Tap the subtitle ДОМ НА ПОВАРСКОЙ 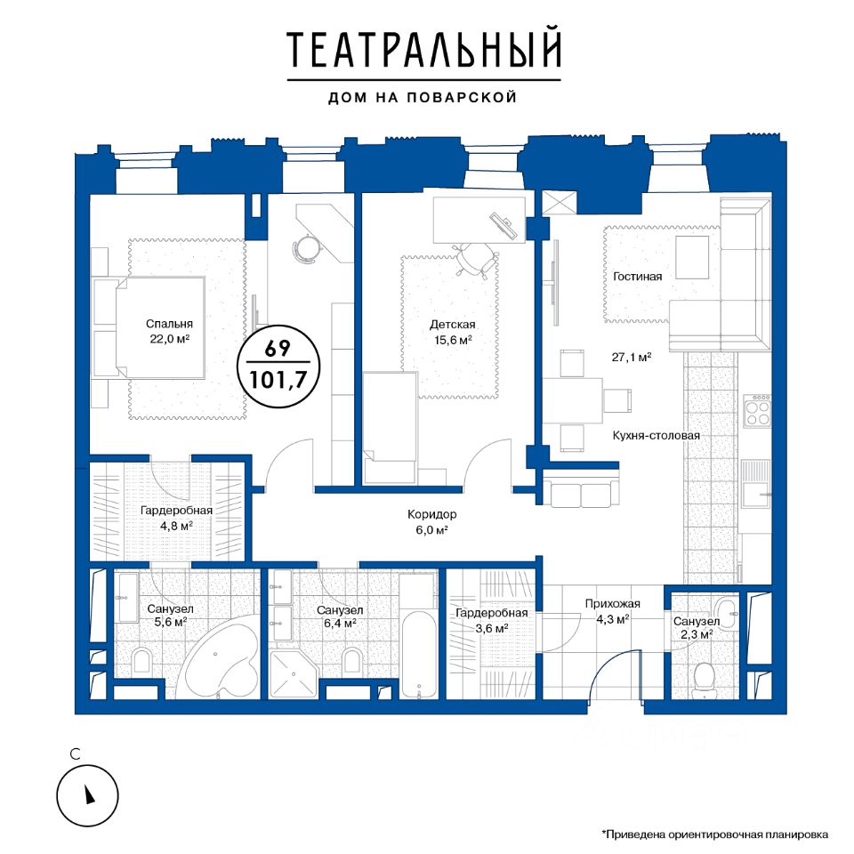423,98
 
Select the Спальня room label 169,324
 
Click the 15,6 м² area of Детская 453,340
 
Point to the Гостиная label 638,276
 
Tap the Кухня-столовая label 657,436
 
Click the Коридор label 432,514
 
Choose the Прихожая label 613,603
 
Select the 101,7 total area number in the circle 278,380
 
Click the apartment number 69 278,348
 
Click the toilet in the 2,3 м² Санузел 705,679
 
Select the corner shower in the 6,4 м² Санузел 292,674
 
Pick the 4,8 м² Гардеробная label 176,519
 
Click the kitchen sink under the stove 756,483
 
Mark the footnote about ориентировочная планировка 715,834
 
